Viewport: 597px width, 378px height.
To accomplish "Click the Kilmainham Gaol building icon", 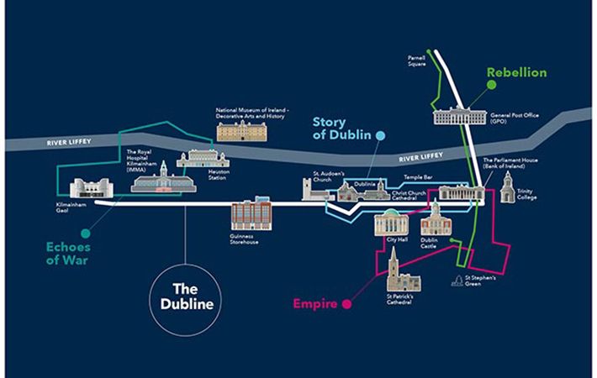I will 84,187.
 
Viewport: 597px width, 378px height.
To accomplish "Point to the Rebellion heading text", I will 516,73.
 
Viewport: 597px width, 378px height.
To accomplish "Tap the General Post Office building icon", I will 459,115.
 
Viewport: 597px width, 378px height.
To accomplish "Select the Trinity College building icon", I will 507,192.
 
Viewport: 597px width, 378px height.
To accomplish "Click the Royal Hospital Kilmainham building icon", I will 163,178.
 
